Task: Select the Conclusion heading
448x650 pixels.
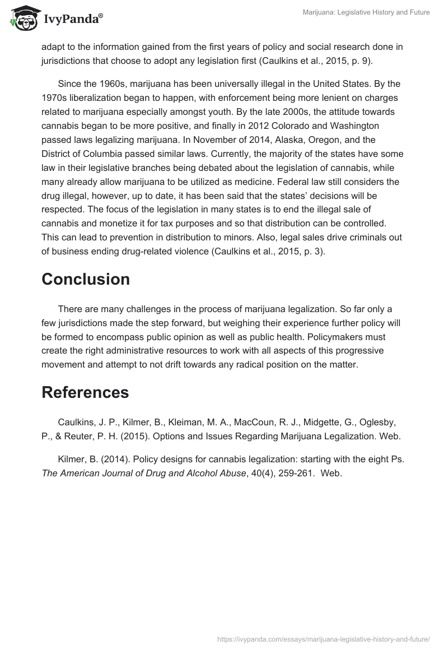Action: click(86, 279)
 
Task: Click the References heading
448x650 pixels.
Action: click(85, 393)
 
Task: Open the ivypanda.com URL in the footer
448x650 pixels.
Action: click(324, 638)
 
